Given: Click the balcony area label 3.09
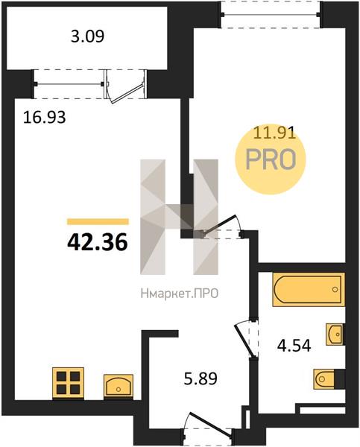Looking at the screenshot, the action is [x=87, y=37].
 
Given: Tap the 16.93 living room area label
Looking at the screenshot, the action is [x=44, y=118].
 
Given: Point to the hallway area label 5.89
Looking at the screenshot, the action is [x=200, y=379].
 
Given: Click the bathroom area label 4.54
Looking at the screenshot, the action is [x=294, y=346].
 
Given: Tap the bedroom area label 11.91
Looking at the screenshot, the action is [x=274, y=133].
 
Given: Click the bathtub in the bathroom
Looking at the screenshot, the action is [x=309, y=289].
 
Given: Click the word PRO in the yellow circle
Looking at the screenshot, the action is [x=271, y=159].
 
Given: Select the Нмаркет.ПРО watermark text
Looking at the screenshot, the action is [x=180, y=293].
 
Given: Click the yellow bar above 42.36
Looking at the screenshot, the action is [x=98, y=221].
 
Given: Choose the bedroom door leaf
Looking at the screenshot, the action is [x=219, y=224].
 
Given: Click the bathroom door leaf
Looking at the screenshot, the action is [x=244, y=341].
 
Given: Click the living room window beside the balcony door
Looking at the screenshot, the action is [x=69, y=84].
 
